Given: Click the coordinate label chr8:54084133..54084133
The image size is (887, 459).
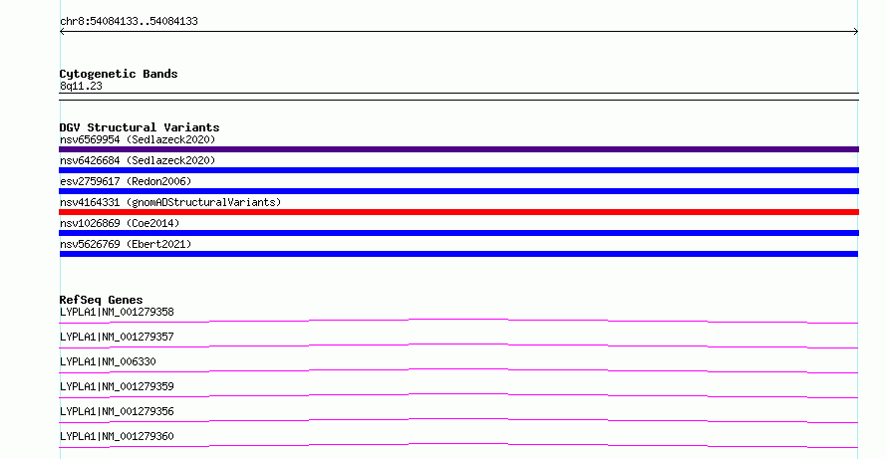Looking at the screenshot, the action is (x=129, y=22).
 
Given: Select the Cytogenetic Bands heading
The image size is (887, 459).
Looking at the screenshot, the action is (x=119, y=74).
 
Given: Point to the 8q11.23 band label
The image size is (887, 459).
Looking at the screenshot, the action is (x=81, y=86).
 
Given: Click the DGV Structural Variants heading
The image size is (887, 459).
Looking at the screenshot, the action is (x=140, y=127).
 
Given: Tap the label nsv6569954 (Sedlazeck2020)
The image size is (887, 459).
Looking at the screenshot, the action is (x=138, y=139).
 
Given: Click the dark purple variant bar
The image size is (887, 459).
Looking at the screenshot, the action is (x=458, y=149).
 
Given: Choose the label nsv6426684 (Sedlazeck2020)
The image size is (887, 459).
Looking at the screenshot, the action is (x=138, y=160).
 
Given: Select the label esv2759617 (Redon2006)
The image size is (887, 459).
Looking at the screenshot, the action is (x=126, y=181).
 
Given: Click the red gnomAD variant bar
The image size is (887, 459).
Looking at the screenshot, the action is (x=458, y=212).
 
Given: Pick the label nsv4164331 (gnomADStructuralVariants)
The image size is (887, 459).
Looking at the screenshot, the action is (x=170, y=202).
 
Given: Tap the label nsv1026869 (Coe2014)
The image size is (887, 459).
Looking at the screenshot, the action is (x=120, y=223).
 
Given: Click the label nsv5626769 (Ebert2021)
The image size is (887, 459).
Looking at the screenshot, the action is (x=126, y=244).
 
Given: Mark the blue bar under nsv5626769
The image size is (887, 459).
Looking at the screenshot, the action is (x=458, y=254).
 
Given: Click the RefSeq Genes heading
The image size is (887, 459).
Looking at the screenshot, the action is (x=102, y=300).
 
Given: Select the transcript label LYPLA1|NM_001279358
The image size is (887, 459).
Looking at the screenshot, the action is (x=117, y=312).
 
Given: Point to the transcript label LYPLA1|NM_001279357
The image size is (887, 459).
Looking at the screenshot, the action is (x=117, y=337).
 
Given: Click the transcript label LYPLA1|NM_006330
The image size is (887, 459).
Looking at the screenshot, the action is (x=108, y=361).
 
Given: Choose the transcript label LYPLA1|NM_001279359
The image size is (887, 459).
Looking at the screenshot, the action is (x=117, y=386).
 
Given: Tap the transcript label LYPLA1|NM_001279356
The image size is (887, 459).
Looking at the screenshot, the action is (x=117, y=411).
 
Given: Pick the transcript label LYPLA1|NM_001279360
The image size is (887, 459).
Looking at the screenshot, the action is (x=117, y=436).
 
